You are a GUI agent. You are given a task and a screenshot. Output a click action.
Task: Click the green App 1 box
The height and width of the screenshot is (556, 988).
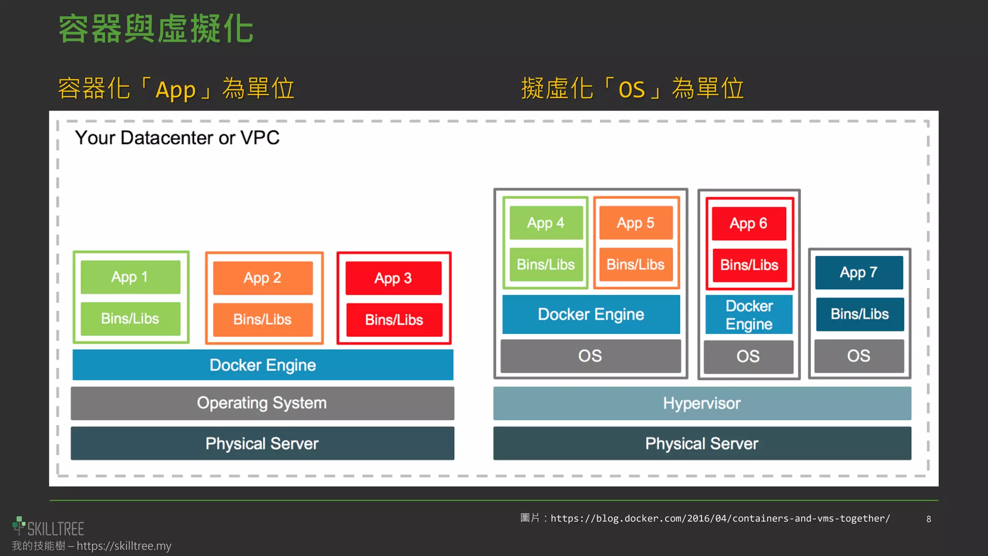130,277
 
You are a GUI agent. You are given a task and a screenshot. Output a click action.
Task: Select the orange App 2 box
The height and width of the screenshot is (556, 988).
263,278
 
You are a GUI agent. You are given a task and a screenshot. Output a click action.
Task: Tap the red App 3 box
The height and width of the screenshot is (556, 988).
393,278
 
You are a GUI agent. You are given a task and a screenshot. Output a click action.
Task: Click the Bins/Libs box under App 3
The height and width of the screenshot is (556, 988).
394,320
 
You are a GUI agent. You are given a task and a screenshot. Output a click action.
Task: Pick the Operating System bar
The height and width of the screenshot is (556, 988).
262,403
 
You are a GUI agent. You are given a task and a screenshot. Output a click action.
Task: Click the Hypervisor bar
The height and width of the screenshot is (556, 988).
702,403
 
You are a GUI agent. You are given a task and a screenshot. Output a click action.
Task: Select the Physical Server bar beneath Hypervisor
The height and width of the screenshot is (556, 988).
702,444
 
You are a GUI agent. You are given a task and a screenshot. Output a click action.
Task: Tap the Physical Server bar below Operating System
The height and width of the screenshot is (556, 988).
262,444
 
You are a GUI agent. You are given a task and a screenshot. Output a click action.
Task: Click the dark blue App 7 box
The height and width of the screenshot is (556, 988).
859,273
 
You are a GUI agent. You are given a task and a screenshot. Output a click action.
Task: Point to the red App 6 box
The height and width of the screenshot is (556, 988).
749,223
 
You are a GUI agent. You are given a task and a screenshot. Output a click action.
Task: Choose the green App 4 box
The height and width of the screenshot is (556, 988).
546,223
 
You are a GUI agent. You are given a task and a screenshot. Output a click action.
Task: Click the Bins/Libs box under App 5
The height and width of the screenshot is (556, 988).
636,264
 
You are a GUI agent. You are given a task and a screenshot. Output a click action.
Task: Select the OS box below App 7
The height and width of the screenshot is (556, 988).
859,356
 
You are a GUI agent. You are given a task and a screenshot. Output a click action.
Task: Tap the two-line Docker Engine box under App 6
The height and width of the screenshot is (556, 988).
749,315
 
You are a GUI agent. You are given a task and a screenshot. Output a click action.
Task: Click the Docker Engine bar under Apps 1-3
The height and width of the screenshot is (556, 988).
263,365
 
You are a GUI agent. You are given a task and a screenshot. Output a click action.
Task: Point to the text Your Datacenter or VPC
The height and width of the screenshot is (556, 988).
177,138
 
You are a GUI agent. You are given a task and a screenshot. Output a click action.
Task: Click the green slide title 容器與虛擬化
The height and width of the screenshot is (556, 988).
156,29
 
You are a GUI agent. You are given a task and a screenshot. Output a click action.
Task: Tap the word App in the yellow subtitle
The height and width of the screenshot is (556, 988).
176,90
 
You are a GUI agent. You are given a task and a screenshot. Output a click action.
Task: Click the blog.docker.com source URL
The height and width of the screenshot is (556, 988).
720,518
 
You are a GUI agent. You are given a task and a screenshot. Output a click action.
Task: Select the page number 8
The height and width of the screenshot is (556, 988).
929,519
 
